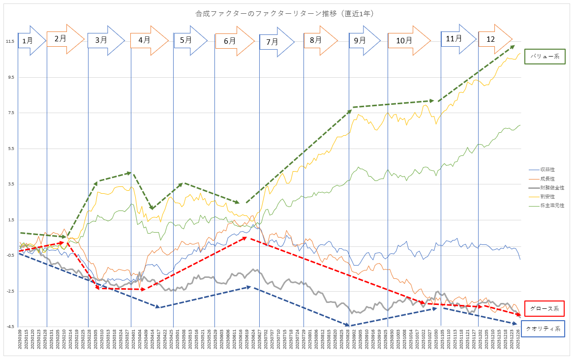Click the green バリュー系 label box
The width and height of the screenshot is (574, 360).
tap(545, 57)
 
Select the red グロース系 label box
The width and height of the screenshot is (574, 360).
tap(544, 308)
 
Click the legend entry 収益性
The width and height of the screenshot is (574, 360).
tap(547, 169)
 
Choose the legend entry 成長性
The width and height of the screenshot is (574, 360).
tap(547, 178)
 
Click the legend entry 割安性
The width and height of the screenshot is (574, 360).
tap(547, 196)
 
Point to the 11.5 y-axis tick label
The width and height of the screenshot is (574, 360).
tap(10, 41)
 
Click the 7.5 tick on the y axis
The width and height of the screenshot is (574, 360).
tap(11, 113)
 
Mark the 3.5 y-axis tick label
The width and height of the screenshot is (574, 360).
tap(11, 184)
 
